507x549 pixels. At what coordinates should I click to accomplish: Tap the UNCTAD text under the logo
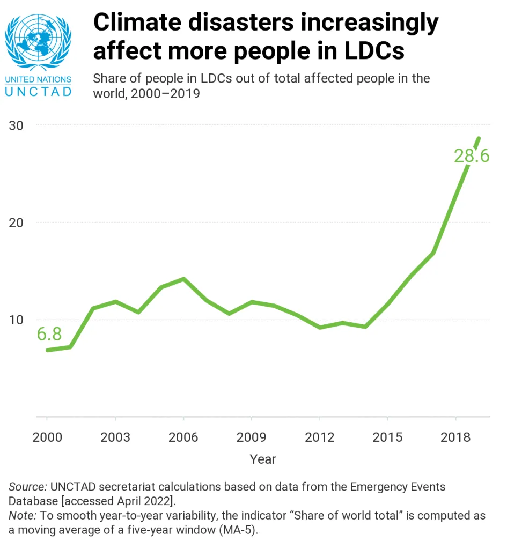click(38, 91)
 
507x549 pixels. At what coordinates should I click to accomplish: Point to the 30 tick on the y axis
click(18, 125)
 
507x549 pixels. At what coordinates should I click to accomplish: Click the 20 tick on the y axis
click(18, 222)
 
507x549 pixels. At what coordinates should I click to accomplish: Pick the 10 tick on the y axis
click(18, 320)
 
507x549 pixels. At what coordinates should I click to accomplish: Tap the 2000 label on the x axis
click(47, 437)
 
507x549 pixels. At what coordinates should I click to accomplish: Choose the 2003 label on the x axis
click(115, 437)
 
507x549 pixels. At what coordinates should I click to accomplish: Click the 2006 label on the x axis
click(183, 437)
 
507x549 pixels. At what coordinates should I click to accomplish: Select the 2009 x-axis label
click(252, 437)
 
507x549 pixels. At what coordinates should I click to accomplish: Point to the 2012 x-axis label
click(320, 437)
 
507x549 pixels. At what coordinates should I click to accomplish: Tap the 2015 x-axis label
click(387, 437)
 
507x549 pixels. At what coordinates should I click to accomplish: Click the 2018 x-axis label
click(455, 437)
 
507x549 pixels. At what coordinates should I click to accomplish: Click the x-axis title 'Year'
click(263, 459)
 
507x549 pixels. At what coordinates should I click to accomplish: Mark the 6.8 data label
click(49, 334)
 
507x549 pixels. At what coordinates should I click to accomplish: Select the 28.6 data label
click(472, 156)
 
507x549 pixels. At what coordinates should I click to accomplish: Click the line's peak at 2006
click(183, 279)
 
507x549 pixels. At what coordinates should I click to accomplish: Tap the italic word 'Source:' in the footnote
click(27, 487)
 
